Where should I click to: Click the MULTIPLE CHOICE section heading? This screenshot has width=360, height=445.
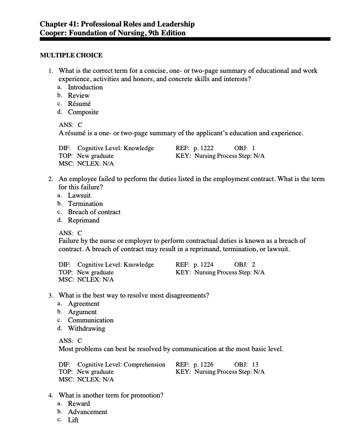[x=71, y=55]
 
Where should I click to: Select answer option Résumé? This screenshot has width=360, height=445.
[x=79, y=104]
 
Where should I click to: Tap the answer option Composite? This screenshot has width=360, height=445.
[x=83, y=112]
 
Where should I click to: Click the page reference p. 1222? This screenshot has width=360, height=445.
[x=204, y=148]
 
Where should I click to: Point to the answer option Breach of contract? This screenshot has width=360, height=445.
[x=94, y=212]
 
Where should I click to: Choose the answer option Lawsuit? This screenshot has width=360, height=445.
[x=79, y=195]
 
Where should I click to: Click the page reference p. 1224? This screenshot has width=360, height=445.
[x=204, y=264]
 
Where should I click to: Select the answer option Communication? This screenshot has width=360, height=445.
[x=91, y=320]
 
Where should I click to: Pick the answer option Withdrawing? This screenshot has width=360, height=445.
[x=86, y=329]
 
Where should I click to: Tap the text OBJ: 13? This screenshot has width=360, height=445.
[x=246, y=364]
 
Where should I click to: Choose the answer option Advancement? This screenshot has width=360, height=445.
[x=87, y=412]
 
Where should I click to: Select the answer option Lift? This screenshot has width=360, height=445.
[x=73, y=420]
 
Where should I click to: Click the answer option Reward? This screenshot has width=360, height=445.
[x=78, y=404]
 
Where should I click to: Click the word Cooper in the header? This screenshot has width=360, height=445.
[x=54, y=33]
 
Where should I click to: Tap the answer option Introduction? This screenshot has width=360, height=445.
[x=85, y=87]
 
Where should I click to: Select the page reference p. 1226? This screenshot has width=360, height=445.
[x=204, y=364]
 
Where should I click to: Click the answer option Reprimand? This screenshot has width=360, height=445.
[x=83, y=220]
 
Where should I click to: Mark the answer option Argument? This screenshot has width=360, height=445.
[x=82, y=312]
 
